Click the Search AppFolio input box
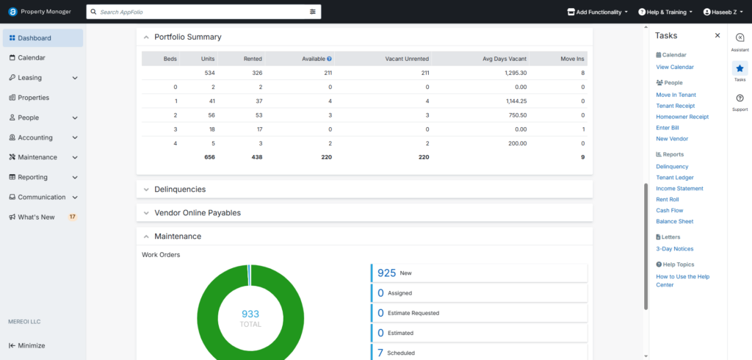tap(203, 12)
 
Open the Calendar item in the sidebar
tap(32, 57)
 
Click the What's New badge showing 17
tap(73, 217)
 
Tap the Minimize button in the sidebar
tap(27, 345)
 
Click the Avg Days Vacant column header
tap(505, 59)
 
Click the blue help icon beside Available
tap(330, 59)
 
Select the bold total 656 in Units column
tap(209, 157)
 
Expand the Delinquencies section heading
tap(180, 189)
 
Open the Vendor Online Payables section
tap(197, 212)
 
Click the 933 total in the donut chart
tap(250, 314)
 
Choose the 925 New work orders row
tap(479, 273)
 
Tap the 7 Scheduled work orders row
tap(479, 353)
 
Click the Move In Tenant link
tap(676, 95)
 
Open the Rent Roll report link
tap(667, 200)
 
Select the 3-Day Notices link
tap(674, 249)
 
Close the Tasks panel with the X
tap(717, 35)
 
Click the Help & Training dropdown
tap(665, 12)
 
